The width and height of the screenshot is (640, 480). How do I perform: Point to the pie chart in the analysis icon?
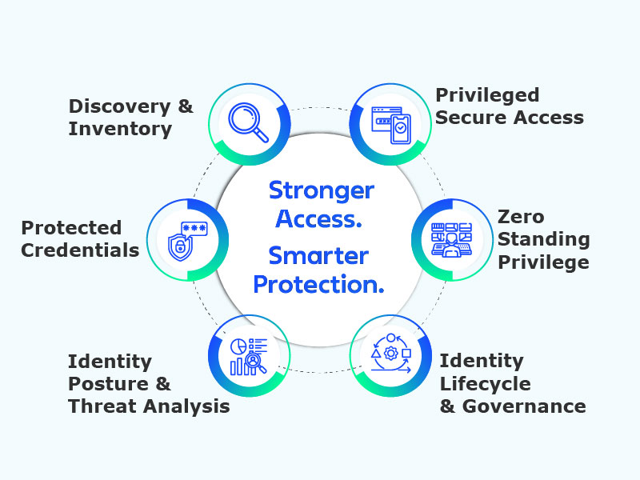pyautogui.click(x=238, y=346)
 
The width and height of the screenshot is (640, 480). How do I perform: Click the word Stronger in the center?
pyautogui.click(x=321, y=190)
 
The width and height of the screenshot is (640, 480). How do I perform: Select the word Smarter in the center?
pyautogui.click(x=318, y=255)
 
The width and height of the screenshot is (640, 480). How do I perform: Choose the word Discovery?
pyautogui.click(x=120, y=106)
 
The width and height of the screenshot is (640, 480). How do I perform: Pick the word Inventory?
pyautogui.click(x=120, y=128)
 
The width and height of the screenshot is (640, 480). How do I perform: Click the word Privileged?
pyautogui.click(x=487, y=95)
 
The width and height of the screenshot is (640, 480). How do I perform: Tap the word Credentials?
pyautogui.click(x=80, y=250)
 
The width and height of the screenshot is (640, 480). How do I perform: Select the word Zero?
pyautogui.click(x=521, y=217)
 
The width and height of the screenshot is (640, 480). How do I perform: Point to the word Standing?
pyautogui.click(x=544, y=238)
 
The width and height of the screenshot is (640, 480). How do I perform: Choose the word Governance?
pyautogui.click(x=524, y=406)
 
